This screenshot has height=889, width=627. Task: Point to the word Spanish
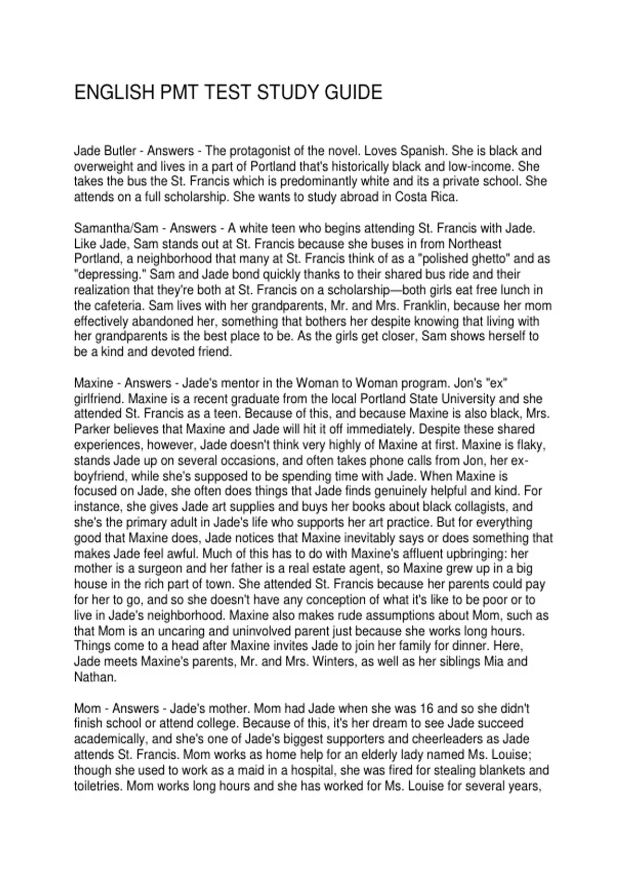point(423,151)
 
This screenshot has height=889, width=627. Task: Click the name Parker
point(92,429)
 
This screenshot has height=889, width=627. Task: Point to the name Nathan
point(94,677)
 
